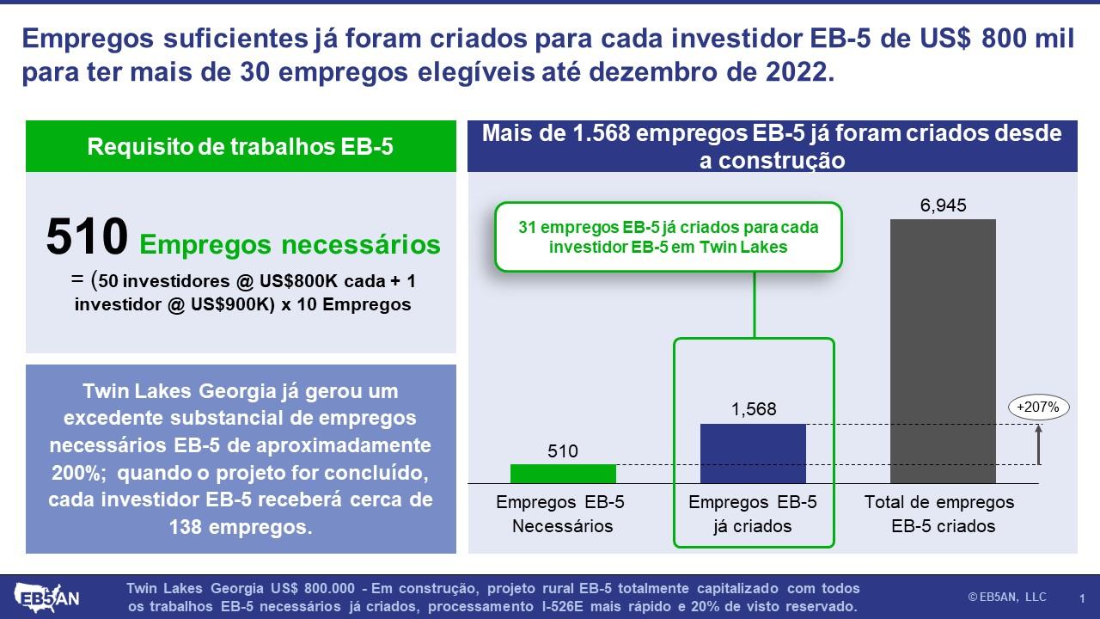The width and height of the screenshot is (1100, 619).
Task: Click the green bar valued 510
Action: click(563, 474)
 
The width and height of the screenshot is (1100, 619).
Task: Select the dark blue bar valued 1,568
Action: click(753, 453)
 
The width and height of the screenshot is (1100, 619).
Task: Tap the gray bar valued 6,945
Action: click(943, 352)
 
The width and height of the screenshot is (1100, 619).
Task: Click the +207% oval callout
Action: click(1038, 408)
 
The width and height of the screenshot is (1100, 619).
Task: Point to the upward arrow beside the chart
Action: click(1038, 444)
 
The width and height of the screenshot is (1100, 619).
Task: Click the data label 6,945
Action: click(943, 205)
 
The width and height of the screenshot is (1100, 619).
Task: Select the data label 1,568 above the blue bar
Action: click(754, 409)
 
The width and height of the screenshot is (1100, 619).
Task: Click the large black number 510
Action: click(87, 236)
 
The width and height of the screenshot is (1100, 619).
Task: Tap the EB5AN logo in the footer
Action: click(47, 598)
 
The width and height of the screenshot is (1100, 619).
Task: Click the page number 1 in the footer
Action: click(1082, 598)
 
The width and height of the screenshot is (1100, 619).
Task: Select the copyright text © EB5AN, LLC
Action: click(1007, 597)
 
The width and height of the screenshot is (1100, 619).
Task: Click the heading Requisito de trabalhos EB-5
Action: click(240, 146)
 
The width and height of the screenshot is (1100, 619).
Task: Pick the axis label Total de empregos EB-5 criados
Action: click(939, 514)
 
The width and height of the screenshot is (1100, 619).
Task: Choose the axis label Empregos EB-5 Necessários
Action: click(560, 514)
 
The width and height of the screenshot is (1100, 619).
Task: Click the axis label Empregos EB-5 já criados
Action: click(753, 514)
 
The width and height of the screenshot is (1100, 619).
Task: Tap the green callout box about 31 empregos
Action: click(669, 236)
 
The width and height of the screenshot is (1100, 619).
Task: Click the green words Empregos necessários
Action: click(290, 244)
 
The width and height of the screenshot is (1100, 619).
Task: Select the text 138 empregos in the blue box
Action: click(241, 527)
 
